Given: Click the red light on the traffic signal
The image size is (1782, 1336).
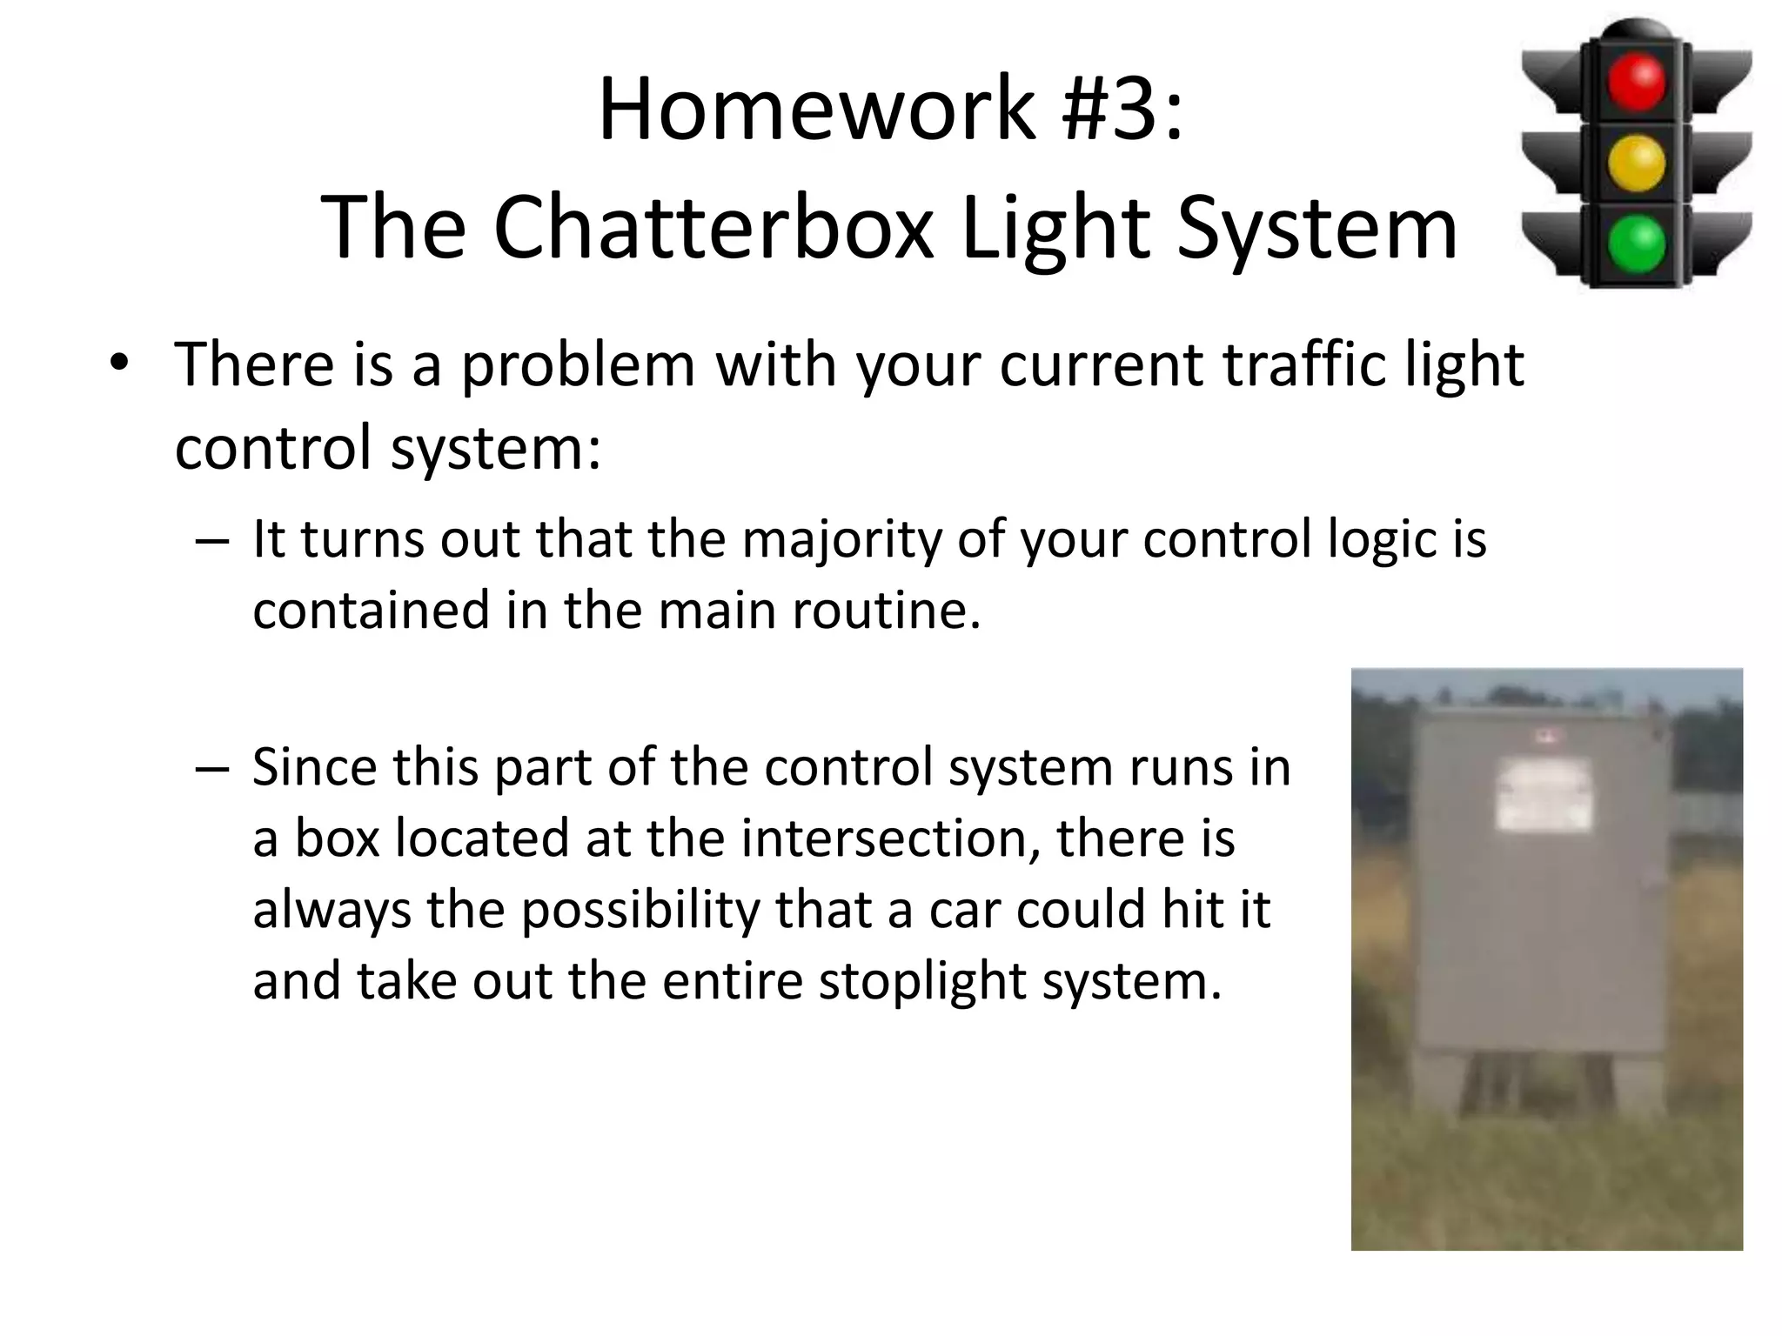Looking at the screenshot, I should coord(1636,83).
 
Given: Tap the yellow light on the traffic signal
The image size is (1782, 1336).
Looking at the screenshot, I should coord(1636,163).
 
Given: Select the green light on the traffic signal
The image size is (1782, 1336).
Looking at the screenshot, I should coord(1636,244).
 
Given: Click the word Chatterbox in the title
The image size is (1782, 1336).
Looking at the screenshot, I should coord(713,228).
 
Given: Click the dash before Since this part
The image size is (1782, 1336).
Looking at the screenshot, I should coord(212,769).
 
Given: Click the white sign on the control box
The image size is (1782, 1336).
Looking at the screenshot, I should coord(1544,794).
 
